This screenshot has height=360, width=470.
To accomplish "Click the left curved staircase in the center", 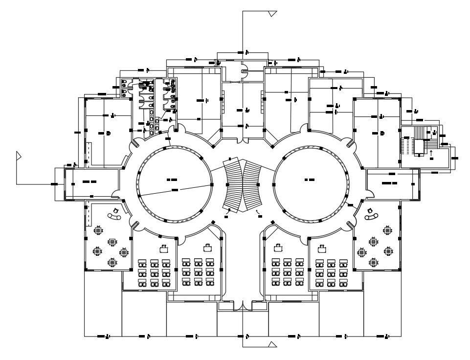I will point(233,184).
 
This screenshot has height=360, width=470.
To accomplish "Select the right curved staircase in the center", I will point(252,184).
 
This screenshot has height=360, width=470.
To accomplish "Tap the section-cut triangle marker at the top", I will point(272,13).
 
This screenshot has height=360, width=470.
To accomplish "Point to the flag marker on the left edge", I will point(19,156).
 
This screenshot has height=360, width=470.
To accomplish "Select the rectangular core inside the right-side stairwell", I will point(419,146).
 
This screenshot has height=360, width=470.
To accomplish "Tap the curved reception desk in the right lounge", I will point(371,216).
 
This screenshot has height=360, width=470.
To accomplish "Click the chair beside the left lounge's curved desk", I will point(116,211).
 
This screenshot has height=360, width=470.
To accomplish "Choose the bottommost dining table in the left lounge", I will point(112,263).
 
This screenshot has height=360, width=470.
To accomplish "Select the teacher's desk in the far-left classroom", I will point(164,248).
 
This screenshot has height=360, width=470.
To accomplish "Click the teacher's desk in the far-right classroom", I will point(322,248).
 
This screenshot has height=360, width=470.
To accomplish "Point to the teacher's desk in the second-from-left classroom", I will point(208,247).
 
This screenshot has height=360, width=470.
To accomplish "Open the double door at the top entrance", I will point(243,72).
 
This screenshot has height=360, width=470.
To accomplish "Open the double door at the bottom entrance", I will point(243,306).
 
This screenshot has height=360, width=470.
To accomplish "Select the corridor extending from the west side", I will point(93,182).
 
